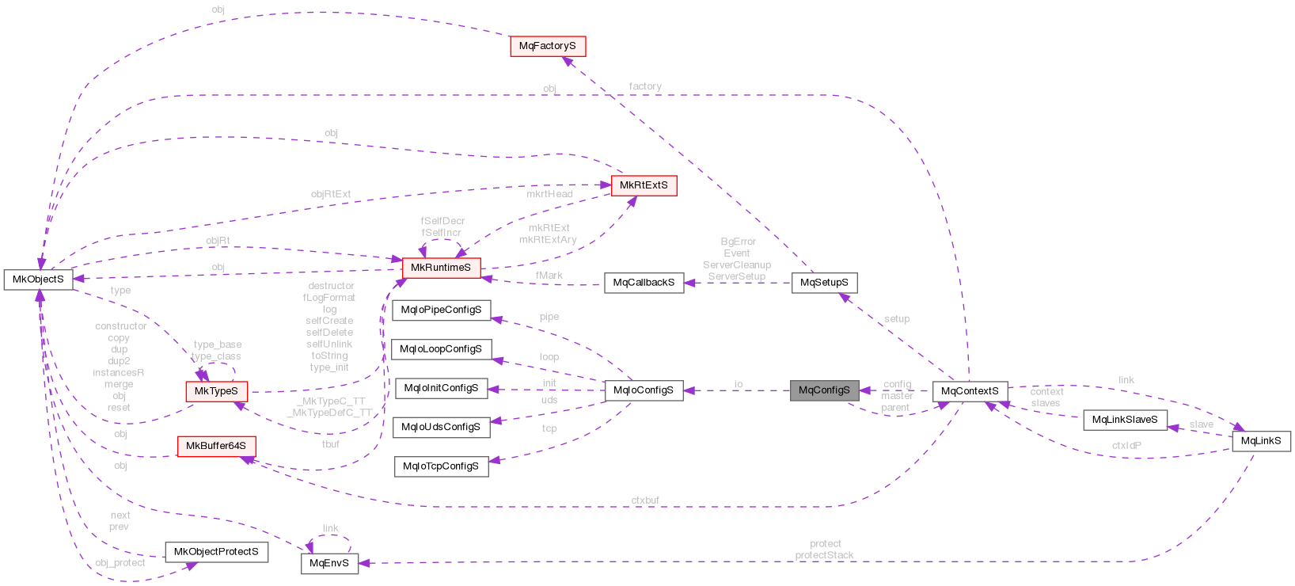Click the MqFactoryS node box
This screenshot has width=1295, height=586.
548,46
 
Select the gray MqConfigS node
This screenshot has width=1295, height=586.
824,390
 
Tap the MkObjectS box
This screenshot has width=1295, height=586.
38,280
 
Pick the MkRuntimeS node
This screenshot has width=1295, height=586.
441,268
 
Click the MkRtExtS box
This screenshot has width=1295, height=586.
644,185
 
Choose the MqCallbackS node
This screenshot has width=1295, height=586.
644,283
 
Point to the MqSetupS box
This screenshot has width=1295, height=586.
824,283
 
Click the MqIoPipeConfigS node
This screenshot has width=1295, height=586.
441,310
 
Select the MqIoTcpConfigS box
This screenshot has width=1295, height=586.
441,466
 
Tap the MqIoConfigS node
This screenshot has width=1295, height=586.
644,390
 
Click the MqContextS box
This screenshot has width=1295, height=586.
970,391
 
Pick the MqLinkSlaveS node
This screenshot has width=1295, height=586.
1124,420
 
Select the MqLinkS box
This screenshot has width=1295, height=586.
1261,441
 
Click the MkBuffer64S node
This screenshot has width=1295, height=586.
216,446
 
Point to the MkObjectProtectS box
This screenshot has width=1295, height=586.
216,552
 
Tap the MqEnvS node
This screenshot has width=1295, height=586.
329,564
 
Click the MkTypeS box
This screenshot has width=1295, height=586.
216,391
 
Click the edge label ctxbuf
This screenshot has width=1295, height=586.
645,500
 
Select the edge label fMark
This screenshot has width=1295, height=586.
549,276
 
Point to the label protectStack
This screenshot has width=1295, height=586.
825,555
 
